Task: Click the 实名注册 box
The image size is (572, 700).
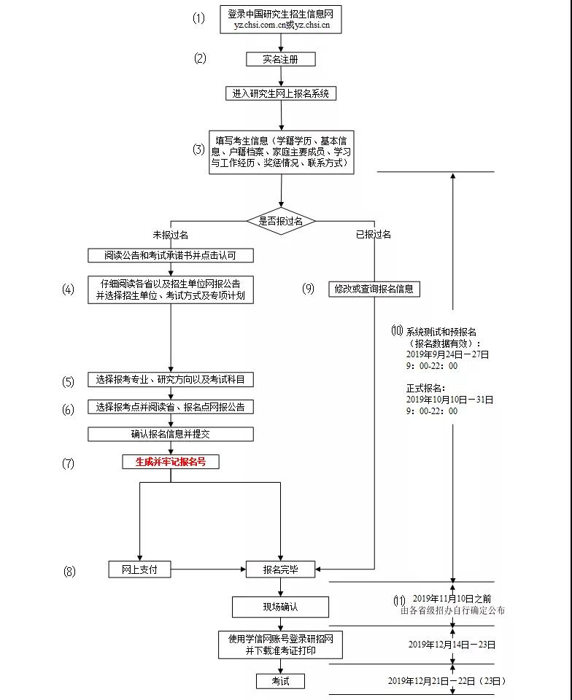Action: click(x=280, y=60)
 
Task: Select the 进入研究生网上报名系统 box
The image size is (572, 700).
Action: click(x=280, y=93)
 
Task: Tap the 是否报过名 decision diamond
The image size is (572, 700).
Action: click(x=281, y=221)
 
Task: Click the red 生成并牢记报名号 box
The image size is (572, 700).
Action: click(x=171, y=462)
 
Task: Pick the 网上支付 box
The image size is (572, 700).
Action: click(x=139, y=569)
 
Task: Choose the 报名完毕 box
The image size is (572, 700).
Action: click(x=280, y=569)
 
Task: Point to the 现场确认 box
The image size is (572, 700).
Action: click(x=280, y=607)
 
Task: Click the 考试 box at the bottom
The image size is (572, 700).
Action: click(x=280, y=681)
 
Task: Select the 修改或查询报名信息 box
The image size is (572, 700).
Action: click(x=374, y=289)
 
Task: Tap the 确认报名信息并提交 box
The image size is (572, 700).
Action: click(x=171, y=434)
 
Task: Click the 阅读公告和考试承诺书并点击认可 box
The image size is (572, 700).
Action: click(x=171, y=255)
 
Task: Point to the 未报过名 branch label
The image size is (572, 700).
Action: click(x=170, y=235)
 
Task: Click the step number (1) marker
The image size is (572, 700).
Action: click(x=199, y=18)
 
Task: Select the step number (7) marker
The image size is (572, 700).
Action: click(x=68, y=463)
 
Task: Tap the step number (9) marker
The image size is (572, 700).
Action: click(x=308, y=289)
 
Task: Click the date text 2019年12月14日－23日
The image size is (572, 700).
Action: click(x=452, y=645)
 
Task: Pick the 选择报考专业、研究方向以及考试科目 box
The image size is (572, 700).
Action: click(x=171, y=380)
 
